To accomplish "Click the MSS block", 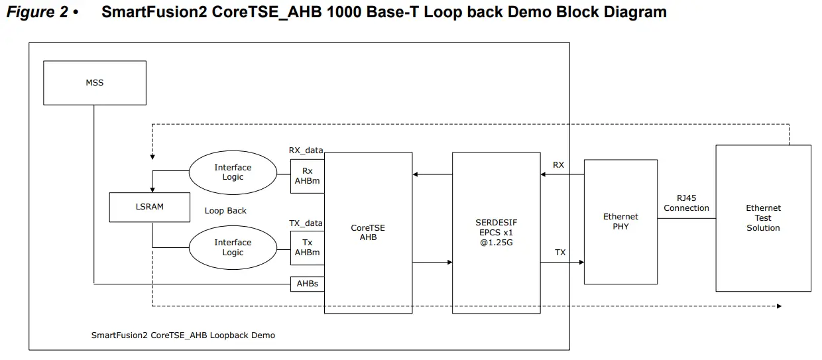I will [95, 83].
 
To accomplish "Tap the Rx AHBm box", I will [307, 176].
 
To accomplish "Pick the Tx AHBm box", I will [307, 247].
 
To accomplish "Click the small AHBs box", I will [307, 284].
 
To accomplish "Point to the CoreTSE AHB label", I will [368, 233].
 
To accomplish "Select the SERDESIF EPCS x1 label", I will [496, 233].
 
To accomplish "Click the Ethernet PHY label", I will [620, 221].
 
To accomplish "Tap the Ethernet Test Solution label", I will [763, 218].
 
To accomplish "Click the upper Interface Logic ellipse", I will [233, 172].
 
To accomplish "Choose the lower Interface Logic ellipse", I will [233, 247].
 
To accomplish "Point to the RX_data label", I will [306, 150].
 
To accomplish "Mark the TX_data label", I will [306, 223].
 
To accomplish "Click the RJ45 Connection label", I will [686, 203].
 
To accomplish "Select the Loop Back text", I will [225, 211].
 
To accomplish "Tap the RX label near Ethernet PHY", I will [558, 164].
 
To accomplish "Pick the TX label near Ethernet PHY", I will [560, 253].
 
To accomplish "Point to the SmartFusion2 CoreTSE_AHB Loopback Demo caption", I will [183, 335].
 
